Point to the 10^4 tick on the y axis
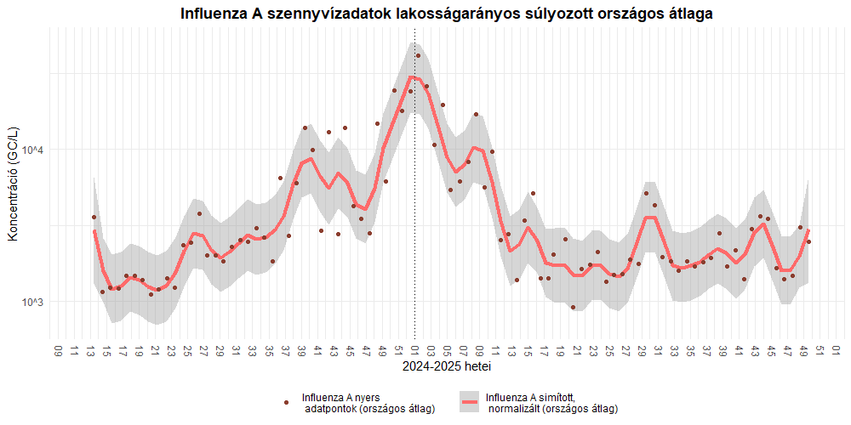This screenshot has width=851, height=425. click(31, 150)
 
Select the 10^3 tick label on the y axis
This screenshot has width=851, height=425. click(31, 303)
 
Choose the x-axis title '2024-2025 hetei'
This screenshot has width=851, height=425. click(446, 367)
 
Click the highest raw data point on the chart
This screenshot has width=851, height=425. click(418, 56)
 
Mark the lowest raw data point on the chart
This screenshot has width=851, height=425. click(573, 308)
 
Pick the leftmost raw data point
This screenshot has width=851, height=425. click(94, 218)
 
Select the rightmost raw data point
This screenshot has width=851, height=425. click(808, 242)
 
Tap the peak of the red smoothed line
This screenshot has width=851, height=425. click(412, 77)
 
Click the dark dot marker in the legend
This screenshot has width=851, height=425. click(287, 402)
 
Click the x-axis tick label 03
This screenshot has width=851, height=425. click(431, 350)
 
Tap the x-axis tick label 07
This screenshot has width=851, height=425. click(463, 350)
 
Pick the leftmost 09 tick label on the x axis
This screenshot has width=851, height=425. click(58, 350)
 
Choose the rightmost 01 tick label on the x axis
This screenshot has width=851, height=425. click(837, 350)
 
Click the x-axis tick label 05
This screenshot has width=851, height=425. click(447, 350)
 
